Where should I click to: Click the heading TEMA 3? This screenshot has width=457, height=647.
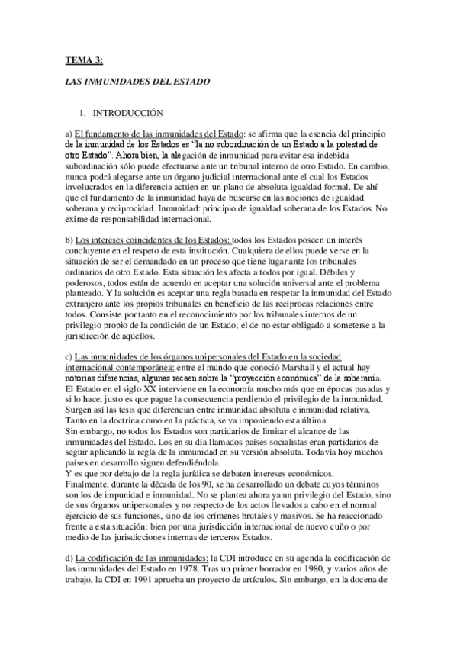tap(84, 57)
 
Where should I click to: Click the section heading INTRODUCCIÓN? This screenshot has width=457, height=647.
tap(128, 114)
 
